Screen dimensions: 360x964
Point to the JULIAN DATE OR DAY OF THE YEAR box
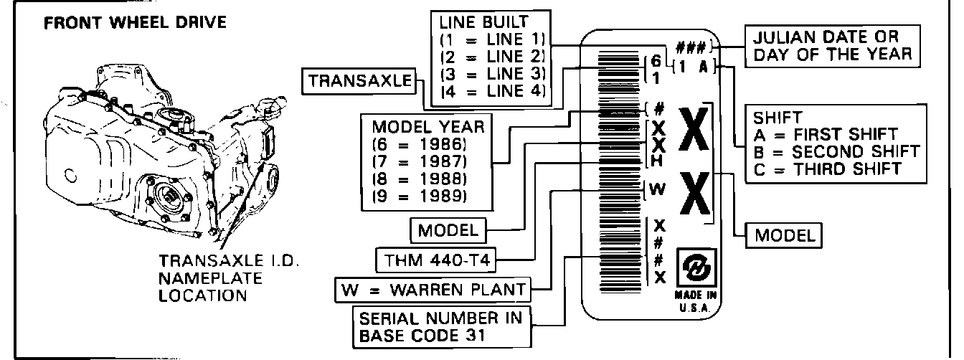pos(831,45)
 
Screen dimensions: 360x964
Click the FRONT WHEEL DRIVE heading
pos(135,22)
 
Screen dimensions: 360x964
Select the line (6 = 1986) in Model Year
pos(422,143)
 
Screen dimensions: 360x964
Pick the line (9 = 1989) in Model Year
pos(422,195)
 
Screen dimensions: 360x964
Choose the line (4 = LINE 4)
pos(493,91)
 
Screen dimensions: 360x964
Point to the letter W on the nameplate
pos(657,189)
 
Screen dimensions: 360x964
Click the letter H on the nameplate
pos(657,161)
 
